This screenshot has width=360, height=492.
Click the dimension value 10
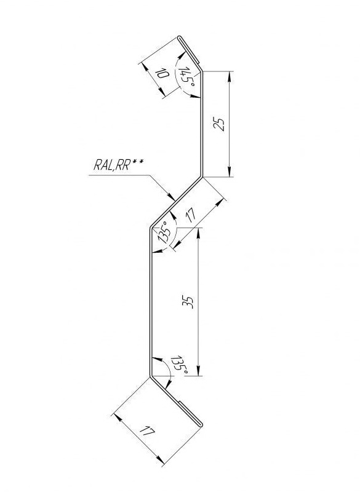162,74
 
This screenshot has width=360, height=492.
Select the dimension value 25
219,124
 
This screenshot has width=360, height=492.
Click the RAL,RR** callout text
118,164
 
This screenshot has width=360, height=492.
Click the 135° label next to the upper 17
166,232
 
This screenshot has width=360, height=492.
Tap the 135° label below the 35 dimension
180,365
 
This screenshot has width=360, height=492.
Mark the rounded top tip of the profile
180,38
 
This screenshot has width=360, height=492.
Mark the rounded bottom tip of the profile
201,425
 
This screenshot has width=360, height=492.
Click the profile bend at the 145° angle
201,72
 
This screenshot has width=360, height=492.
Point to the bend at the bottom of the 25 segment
201,177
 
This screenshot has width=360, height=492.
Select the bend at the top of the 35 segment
151,228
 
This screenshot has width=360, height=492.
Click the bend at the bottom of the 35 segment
150,376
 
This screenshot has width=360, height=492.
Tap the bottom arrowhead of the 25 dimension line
230,172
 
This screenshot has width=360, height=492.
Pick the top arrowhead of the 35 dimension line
198,232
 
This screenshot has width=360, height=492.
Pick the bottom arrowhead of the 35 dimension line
198,371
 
